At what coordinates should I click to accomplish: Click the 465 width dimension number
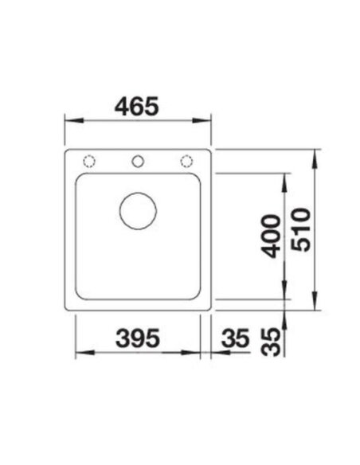tap(137, 107)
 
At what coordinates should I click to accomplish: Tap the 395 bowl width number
tap(138, 338)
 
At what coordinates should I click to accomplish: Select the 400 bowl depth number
tap(270, 236)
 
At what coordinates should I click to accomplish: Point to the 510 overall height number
tap(301, 230)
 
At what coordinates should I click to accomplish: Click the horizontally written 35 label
tap(235, 338)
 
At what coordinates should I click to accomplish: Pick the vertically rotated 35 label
tap(270, 342)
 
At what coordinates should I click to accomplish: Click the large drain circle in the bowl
tap(139, 211)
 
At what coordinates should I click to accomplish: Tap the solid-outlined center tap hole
tap(138, 162)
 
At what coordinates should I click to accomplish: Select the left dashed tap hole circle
tap(89, 162)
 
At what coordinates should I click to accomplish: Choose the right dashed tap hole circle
tap(186, 162)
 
